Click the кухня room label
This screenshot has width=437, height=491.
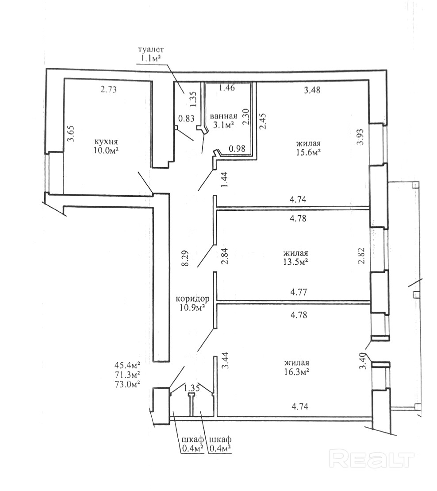[x=106, y=141]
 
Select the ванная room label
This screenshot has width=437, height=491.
[x=224, y=116]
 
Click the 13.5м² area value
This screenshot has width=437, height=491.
[x=295, y=262]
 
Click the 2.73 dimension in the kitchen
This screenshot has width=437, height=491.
[x=108, y=89]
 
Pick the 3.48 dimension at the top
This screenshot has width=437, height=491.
[x=312, y=90]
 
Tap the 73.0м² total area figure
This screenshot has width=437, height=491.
[x=127, y=384]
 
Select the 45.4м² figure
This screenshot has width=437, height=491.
[x=127, y=365]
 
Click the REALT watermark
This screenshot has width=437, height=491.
[x=372, y=459]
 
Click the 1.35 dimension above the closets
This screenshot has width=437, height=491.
[x=192, y=388]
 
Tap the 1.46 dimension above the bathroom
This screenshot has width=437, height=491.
[x=226, y=88]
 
